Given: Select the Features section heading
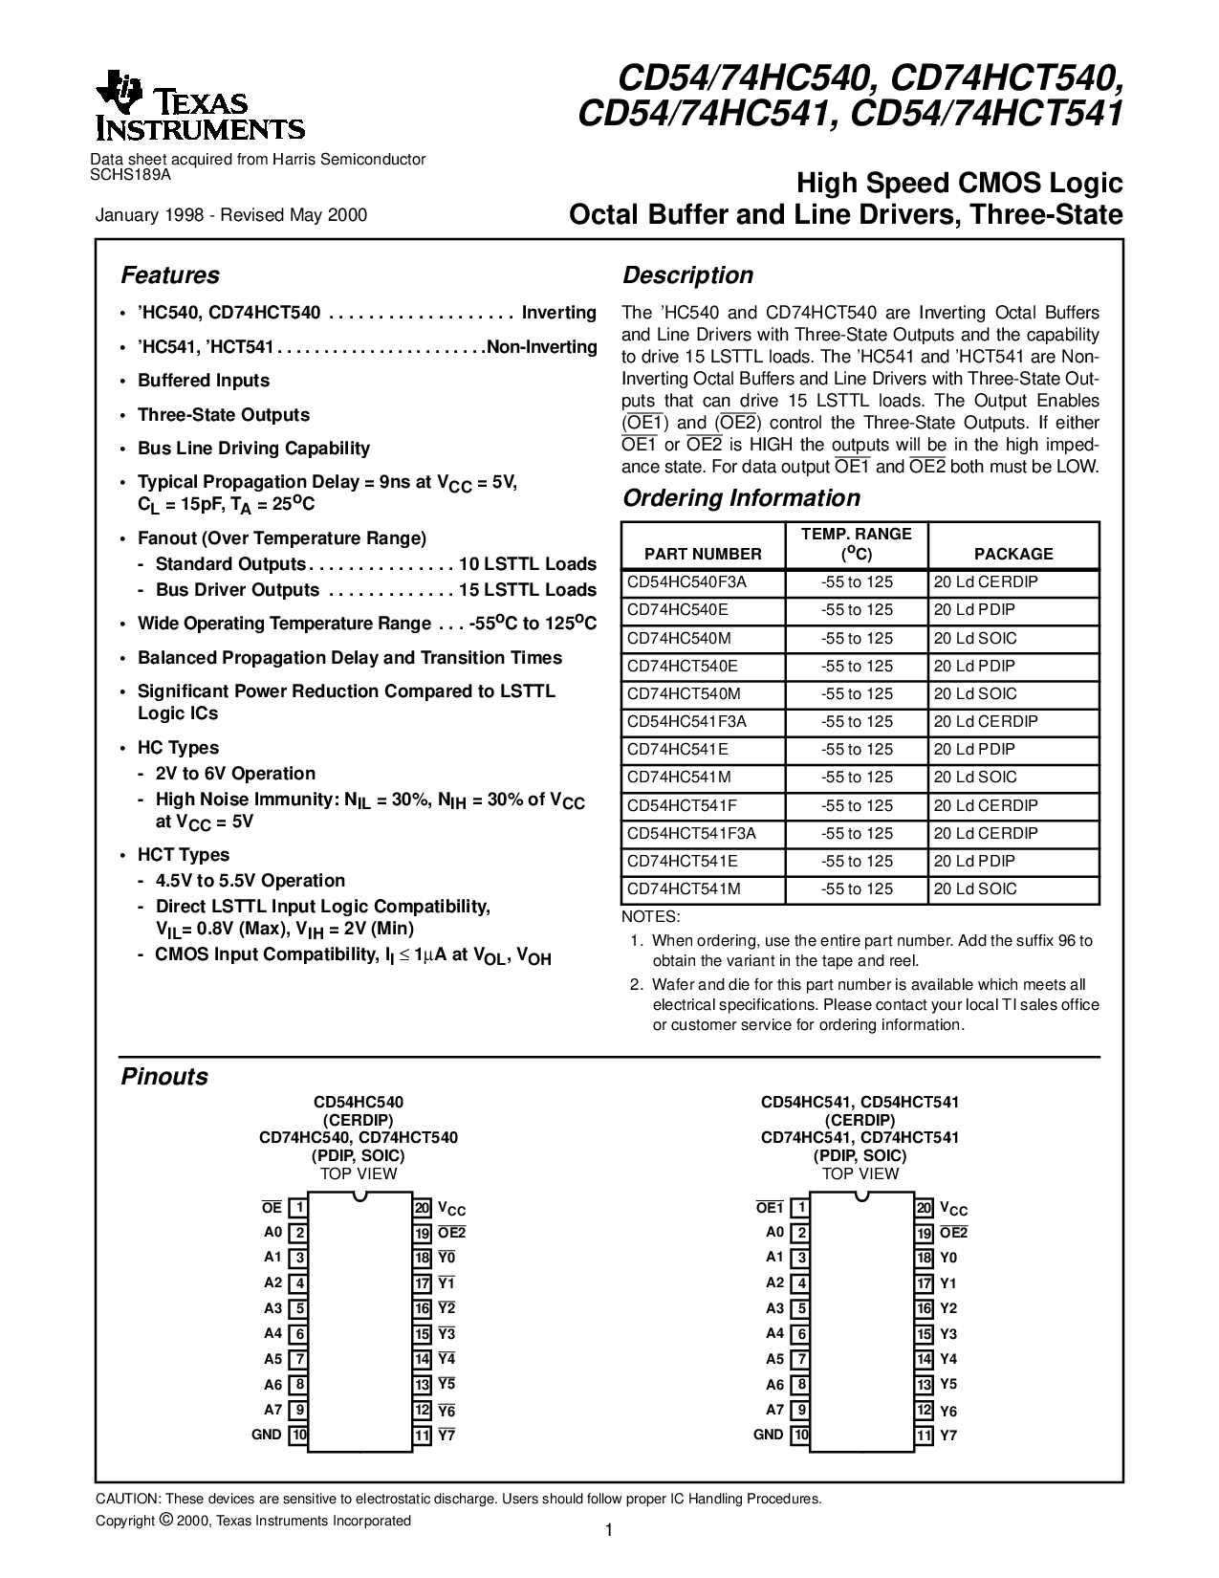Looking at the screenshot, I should [x=170, y=275].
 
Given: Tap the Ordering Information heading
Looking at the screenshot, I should [x=741, y=498].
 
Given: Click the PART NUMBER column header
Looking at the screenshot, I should [x=703, y=554].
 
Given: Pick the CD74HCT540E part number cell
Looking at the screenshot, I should [x=683, y=666].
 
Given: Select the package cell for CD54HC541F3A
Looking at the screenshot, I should [x=986, y=721].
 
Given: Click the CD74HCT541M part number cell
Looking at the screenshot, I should [x=684, y=888].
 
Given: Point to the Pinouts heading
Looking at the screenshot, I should [x=164, y=1077].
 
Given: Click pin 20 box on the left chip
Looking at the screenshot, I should [x=422, y=1208].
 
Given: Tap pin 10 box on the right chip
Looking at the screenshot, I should [x=801, y=1435].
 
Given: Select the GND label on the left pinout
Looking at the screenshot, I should [x=267, y=1435].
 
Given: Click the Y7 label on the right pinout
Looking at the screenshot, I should [x=948, y=1436].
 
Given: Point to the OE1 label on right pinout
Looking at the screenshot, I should [x=770, y=1208].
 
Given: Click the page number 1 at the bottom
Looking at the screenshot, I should [x=609, y=1531].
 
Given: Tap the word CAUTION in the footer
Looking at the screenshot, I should [x=128, y=1499].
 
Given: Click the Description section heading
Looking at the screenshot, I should [x=688, y=275].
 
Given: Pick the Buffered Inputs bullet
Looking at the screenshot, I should [x=204, y=381].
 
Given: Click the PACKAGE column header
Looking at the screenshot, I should [x=1013, y=554].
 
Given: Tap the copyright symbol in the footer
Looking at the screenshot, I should [x=165, y=1520].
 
